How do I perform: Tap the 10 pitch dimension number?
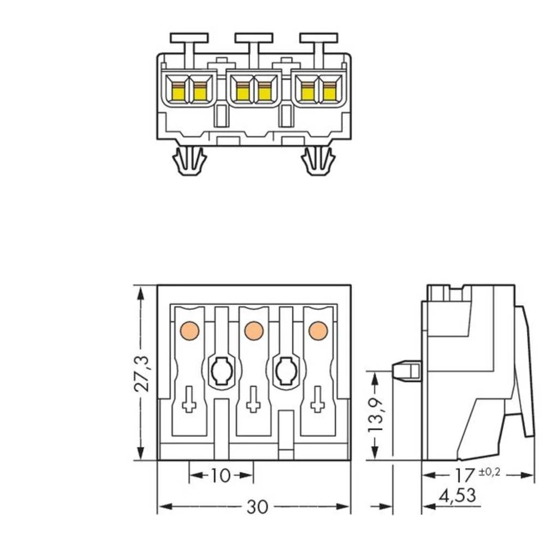[221, 476]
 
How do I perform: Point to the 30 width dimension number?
[257, 507]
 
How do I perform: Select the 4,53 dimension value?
[458, 496]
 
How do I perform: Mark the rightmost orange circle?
[316, 330]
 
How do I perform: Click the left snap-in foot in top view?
[188, 161]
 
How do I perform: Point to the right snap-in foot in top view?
[317, 161]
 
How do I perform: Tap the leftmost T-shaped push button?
[189, 39]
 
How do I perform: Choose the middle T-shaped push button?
[253, 39]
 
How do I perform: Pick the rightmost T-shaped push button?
[318, 39]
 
